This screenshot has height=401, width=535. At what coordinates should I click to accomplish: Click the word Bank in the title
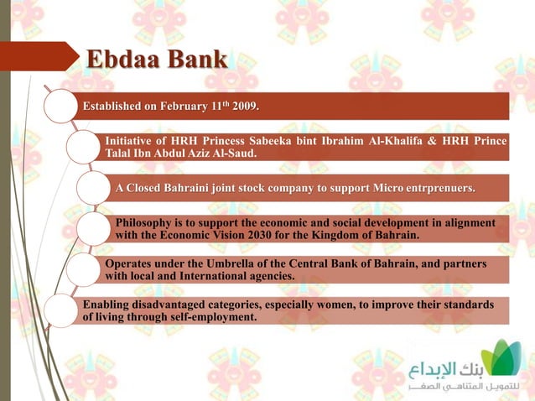click(196, 60)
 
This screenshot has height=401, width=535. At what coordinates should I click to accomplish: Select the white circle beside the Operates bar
click(82, 269)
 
